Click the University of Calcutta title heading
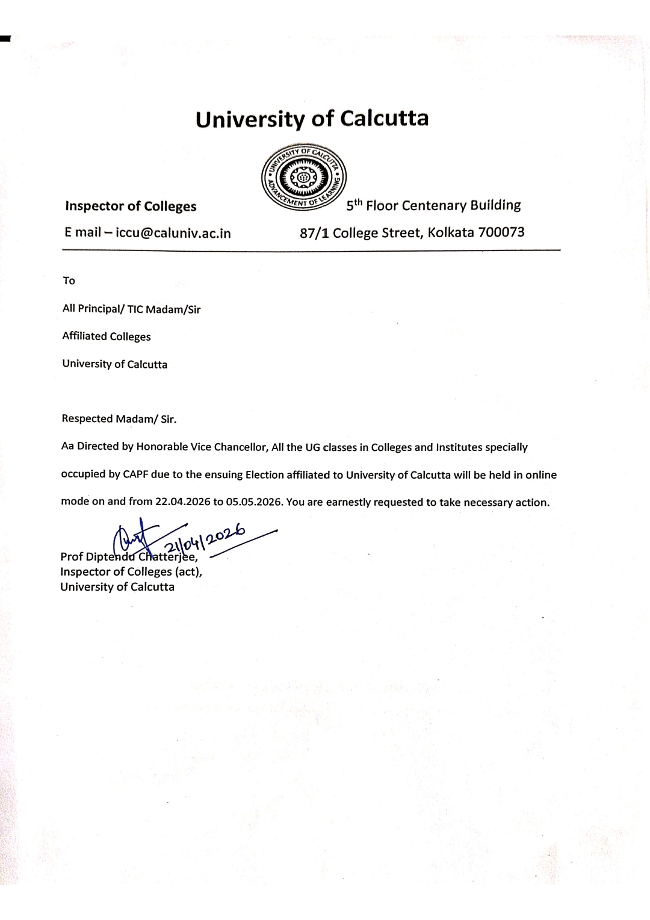312,119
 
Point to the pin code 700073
501,232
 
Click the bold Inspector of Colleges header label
131,207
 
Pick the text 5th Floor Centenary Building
433,206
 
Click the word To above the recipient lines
69,281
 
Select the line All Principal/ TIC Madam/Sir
131,309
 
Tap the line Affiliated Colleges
107,337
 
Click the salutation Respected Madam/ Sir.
119,419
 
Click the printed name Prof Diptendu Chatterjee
129,556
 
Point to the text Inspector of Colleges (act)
131,571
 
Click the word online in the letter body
541,474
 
